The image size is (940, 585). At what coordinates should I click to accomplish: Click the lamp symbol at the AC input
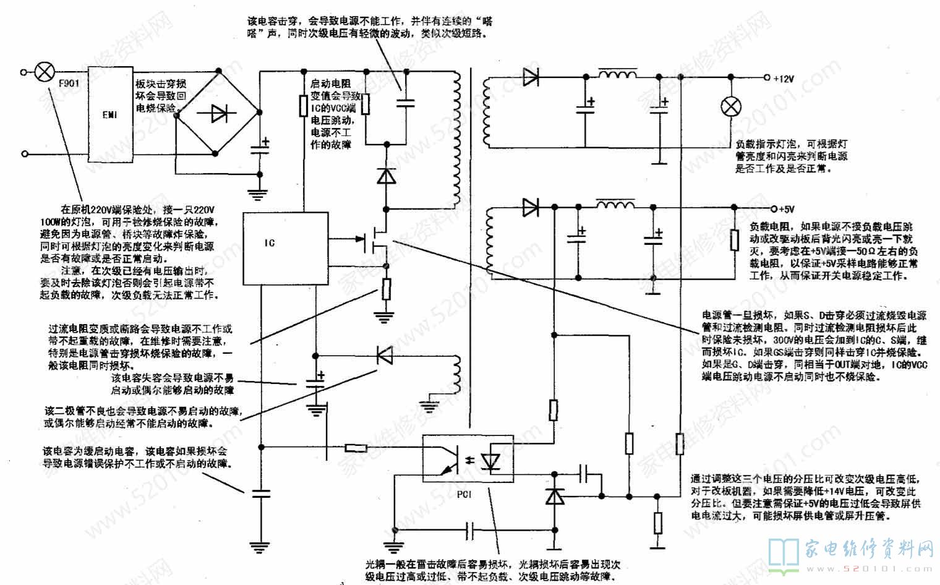tap(44, 72)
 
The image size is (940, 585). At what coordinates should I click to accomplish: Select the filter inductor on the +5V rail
tap(615, 204)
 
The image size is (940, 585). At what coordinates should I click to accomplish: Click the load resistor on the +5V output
tap(733, 239)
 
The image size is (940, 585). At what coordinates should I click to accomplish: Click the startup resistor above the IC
tap(304, 106)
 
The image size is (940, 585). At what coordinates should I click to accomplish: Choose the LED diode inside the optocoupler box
tap(492, 461)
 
